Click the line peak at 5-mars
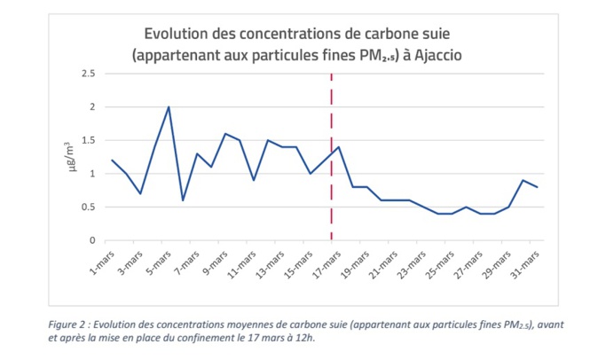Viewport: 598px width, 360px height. tap(169, 107)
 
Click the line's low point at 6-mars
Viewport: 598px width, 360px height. tap(183, 200)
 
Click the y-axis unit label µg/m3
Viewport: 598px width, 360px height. tap(74, 157)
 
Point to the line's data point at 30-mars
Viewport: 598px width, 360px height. tap(523, 180)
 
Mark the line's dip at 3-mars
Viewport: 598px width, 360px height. tap(140, 193)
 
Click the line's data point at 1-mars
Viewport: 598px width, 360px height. tap(112, 160)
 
